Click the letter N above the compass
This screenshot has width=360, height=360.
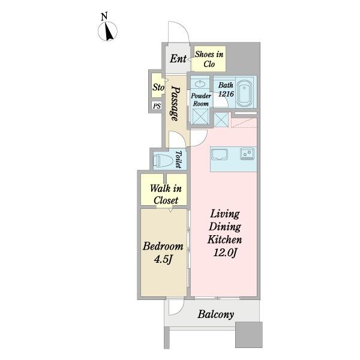[x=104, y=17]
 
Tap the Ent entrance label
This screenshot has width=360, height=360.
[x=178, y=59]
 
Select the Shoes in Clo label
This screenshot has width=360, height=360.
[x=209, y=59]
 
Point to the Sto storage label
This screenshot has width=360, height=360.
[x=158, y=87]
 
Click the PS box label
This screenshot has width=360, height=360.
[x=157, y=106]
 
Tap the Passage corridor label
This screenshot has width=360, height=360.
[x=176, y=104]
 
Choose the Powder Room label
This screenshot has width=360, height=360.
[x=201, y=100]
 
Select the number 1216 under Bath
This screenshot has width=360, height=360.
[x=226, y=94]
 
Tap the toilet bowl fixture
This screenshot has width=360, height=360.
[x=163, y=160]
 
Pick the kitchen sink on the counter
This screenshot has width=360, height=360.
[x=220, y=154]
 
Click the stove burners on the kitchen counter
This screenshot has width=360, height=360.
[x=247, y=154]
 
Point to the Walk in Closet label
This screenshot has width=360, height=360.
[x=166, y=194]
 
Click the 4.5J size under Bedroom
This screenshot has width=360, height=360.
[x=163, y=260]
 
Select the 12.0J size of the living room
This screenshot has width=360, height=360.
[x=225, y=253]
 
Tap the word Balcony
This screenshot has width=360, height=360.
[x=216, y=314]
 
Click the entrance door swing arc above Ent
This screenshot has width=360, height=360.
[x=183, y=28]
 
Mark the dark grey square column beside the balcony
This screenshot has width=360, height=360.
[x=249, y=335]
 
